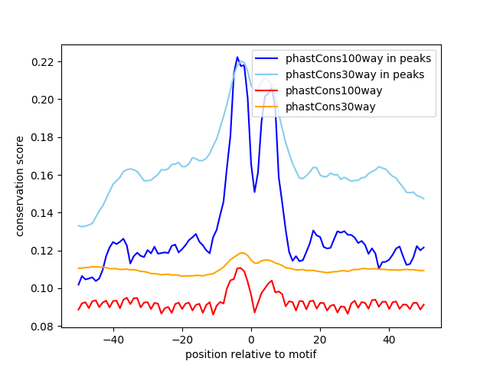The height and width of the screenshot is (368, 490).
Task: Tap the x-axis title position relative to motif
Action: click(251, 354)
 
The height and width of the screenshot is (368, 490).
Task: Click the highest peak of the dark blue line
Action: click(237, 57)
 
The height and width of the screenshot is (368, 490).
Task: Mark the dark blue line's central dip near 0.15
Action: click(255, 192)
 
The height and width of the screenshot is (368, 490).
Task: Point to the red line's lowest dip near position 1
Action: click(255, 312)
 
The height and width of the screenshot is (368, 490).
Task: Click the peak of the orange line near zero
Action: click(242, 252)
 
